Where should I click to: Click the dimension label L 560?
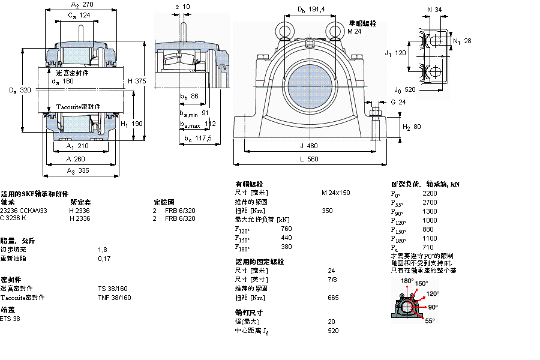tap(309, 159)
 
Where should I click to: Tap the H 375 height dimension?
tap(137, 81)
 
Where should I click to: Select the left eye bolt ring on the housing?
tap(284, 30)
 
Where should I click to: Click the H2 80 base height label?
tap(411, 127)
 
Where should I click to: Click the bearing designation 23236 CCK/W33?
tap(23, 211)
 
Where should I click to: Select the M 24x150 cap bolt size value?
tap(335, 193)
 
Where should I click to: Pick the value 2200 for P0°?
tap(430, 194)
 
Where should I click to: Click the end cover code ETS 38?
tap(10, 319)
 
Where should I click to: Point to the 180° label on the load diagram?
tap(407, 281)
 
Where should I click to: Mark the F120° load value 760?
tap(286, 229)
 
